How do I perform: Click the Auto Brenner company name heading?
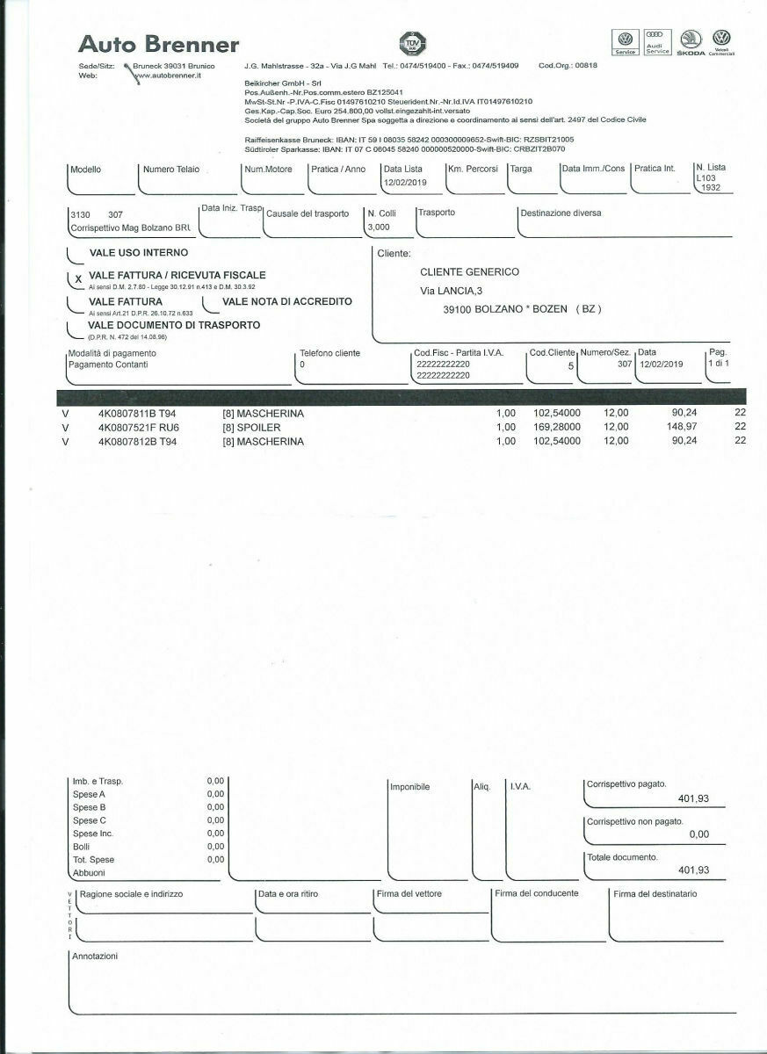(158, 44)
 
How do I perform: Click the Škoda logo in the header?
(690, 42)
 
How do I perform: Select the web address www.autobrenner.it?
(169, 76)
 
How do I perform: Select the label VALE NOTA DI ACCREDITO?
(287, 301)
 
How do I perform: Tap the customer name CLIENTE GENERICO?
(469, 271)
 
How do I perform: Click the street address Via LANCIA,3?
(452, 291)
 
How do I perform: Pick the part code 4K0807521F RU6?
(139, 427)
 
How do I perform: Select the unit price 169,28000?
(557, 427)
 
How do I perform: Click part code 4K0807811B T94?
(137, 412)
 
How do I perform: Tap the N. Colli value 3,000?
(379, 226)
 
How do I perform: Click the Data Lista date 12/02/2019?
(404, 182)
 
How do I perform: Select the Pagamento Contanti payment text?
(108, 365)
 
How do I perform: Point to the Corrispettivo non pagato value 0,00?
(698, 834)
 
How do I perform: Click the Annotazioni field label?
(94, 957)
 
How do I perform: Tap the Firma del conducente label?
(537, 893)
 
